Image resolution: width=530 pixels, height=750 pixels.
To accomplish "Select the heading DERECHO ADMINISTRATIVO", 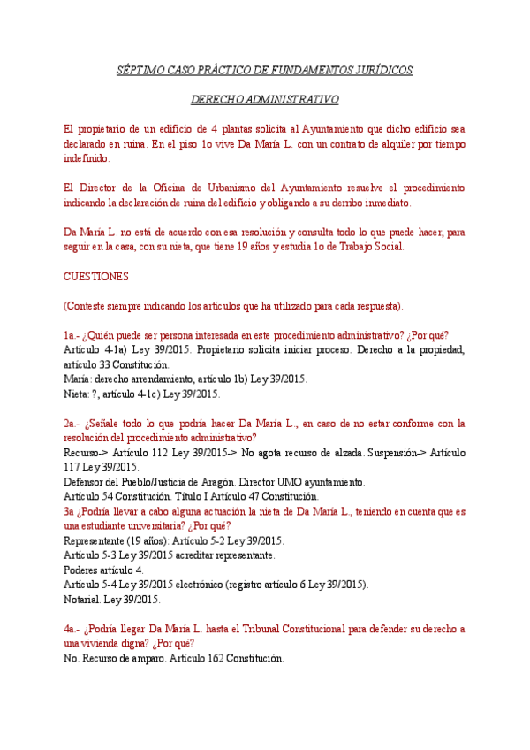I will [265, 100].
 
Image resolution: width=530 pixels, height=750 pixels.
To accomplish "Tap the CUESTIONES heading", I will [96, 276].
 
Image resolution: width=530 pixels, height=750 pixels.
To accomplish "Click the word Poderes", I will [82, 570].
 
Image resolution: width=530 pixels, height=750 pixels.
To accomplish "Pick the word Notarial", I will [83, 600].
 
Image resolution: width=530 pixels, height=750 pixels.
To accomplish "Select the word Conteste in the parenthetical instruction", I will [87, 306].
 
